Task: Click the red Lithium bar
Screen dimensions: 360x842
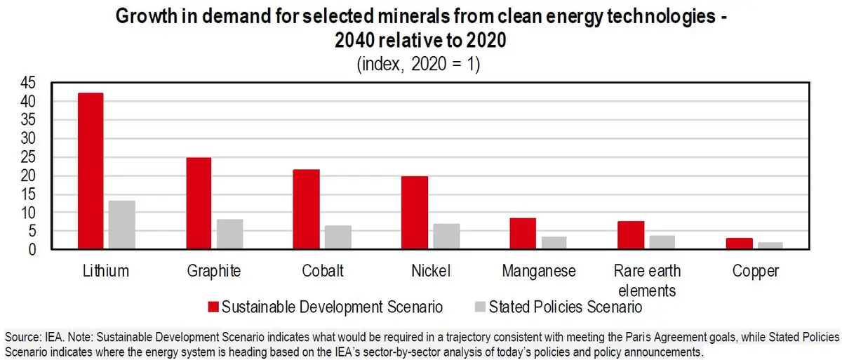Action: coord(91,171)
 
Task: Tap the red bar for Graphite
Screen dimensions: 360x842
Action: coord(199,203)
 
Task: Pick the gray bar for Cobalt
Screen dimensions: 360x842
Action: coord(338,236)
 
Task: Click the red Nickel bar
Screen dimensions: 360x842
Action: coord(415,212)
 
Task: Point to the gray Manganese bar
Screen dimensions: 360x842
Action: coord(554,242)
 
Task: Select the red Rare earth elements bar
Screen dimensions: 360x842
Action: coord(631,234)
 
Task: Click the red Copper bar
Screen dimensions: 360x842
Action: coord(739,243)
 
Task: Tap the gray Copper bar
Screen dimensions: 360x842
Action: coord(770,245)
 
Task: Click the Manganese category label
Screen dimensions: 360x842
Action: coord(538,272)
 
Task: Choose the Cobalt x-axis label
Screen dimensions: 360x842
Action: coord(322,272)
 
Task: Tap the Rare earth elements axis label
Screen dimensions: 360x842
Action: coord(646,280)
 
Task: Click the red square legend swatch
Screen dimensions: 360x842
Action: coord(213,307)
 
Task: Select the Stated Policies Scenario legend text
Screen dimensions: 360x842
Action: coord(566,307)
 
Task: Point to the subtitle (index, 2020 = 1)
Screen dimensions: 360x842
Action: coord(419,65)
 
